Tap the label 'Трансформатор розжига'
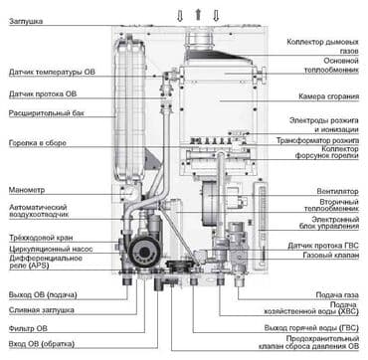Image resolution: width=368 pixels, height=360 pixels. pos(319,141)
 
